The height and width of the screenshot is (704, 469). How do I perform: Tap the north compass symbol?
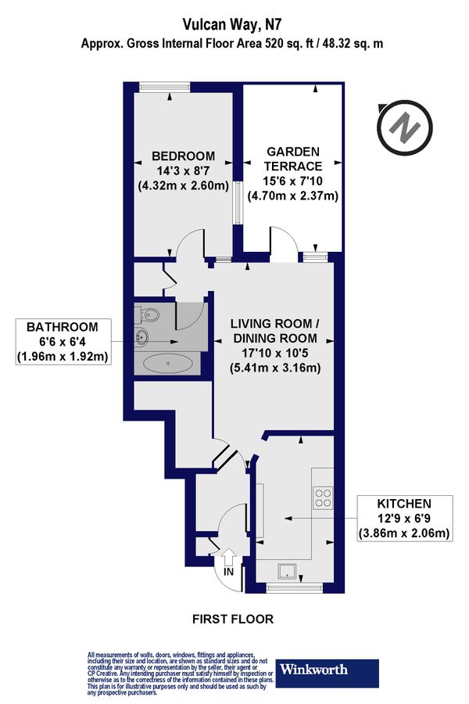403,127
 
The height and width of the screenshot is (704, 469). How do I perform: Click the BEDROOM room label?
183,156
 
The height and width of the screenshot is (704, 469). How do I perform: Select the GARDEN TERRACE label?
293,159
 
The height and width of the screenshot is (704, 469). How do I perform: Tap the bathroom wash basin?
143,339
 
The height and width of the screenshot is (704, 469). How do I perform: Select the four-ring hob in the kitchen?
322,497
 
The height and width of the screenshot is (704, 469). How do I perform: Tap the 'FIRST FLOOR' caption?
233,619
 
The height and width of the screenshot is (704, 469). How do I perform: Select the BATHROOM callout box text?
63,342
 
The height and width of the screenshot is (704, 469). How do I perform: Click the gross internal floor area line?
232,45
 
